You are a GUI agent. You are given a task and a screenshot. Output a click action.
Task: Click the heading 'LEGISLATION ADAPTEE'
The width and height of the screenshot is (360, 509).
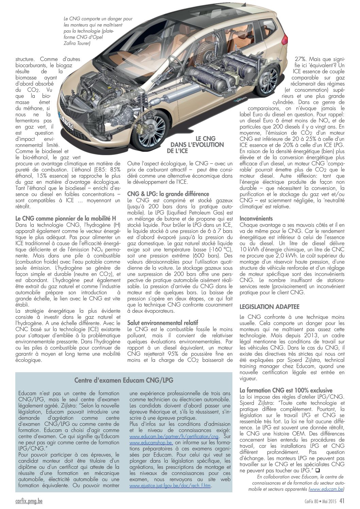pos(269,307)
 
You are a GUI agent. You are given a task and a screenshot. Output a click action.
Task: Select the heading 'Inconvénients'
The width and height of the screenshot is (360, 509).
pos(256,218)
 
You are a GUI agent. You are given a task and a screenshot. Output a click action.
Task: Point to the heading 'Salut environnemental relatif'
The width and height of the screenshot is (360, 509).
pos(162,323)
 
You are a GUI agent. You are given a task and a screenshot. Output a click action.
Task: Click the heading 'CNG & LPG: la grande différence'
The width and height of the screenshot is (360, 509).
pos(168,194)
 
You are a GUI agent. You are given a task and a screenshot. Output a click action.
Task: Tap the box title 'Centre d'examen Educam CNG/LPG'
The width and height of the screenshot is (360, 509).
pos(124,380)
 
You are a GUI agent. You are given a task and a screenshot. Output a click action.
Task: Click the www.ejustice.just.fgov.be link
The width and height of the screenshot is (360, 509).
pos(170,486)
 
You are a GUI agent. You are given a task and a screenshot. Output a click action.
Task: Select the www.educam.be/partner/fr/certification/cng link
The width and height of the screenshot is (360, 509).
pos(174,437)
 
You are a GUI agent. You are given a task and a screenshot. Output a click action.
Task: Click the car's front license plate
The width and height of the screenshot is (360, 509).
pos(66,120)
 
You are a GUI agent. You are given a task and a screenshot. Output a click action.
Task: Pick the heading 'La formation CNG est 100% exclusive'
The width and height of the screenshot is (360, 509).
pos(286,390)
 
